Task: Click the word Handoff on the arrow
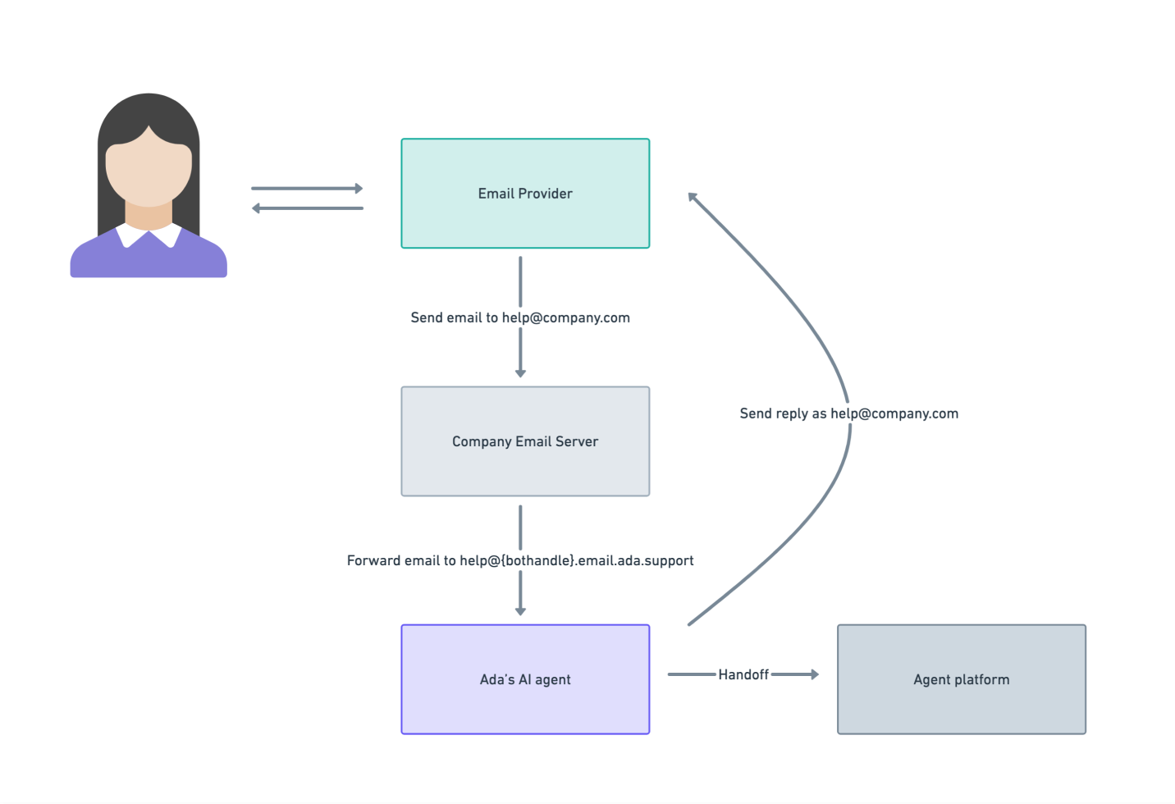click(x=743, y=674)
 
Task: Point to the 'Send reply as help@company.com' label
click(x=848, y=413)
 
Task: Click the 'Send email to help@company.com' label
click(x=520, y=317)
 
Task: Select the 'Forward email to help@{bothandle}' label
click(x=520, y=560)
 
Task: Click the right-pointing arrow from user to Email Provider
click(x=307, y=189)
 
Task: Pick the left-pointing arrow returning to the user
click(x=307, y=208)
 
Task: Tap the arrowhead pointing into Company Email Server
click(x=520, y=373)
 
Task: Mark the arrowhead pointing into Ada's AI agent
click(x=520, y=611)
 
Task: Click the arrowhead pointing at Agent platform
click(x=814, y=674)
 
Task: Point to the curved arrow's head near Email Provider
click(x=693, y=198)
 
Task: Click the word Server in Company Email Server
click(x=577, y=441)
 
